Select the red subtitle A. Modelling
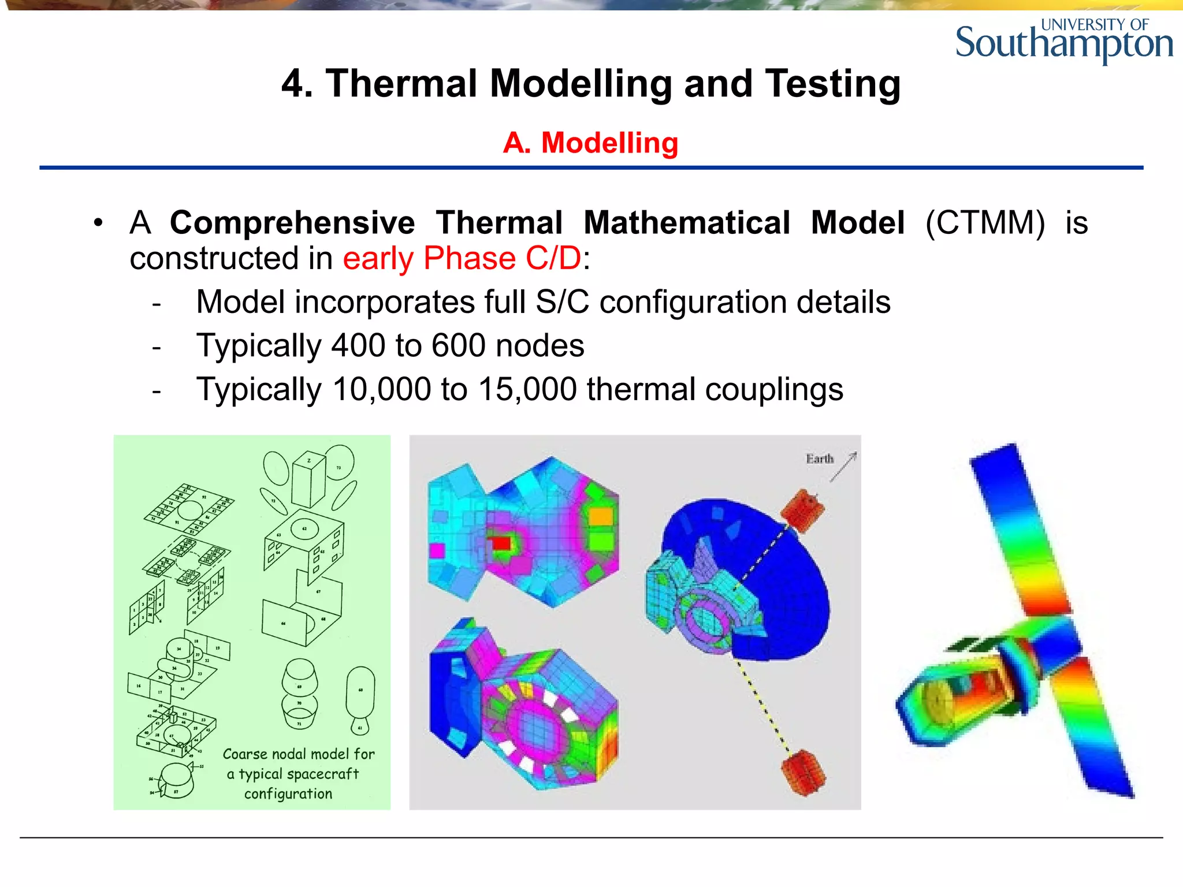click(590, 143)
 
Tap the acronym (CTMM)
click(985, 223)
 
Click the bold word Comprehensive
click(292, 223)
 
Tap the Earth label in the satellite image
click(820, 459)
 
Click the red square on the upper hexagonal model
click(500, 543)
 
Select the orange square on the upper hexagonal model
click(600, 516)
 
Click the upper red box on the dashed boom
click(802, 509)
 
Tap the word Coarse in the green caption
click(244, 754)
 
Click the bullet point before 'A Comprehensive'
click(99, 223)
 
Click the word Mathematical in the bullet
click(686, 223)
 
